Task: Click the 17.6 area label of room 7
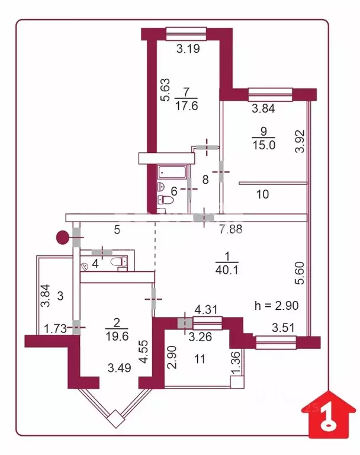coord(187,105)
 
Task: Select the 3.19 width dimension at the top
coord(188,49)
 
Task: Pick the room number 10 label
coord(263,193)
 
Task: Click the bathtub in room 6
coord(173,172)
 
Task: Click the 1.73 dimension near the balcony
coord(55,327)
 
